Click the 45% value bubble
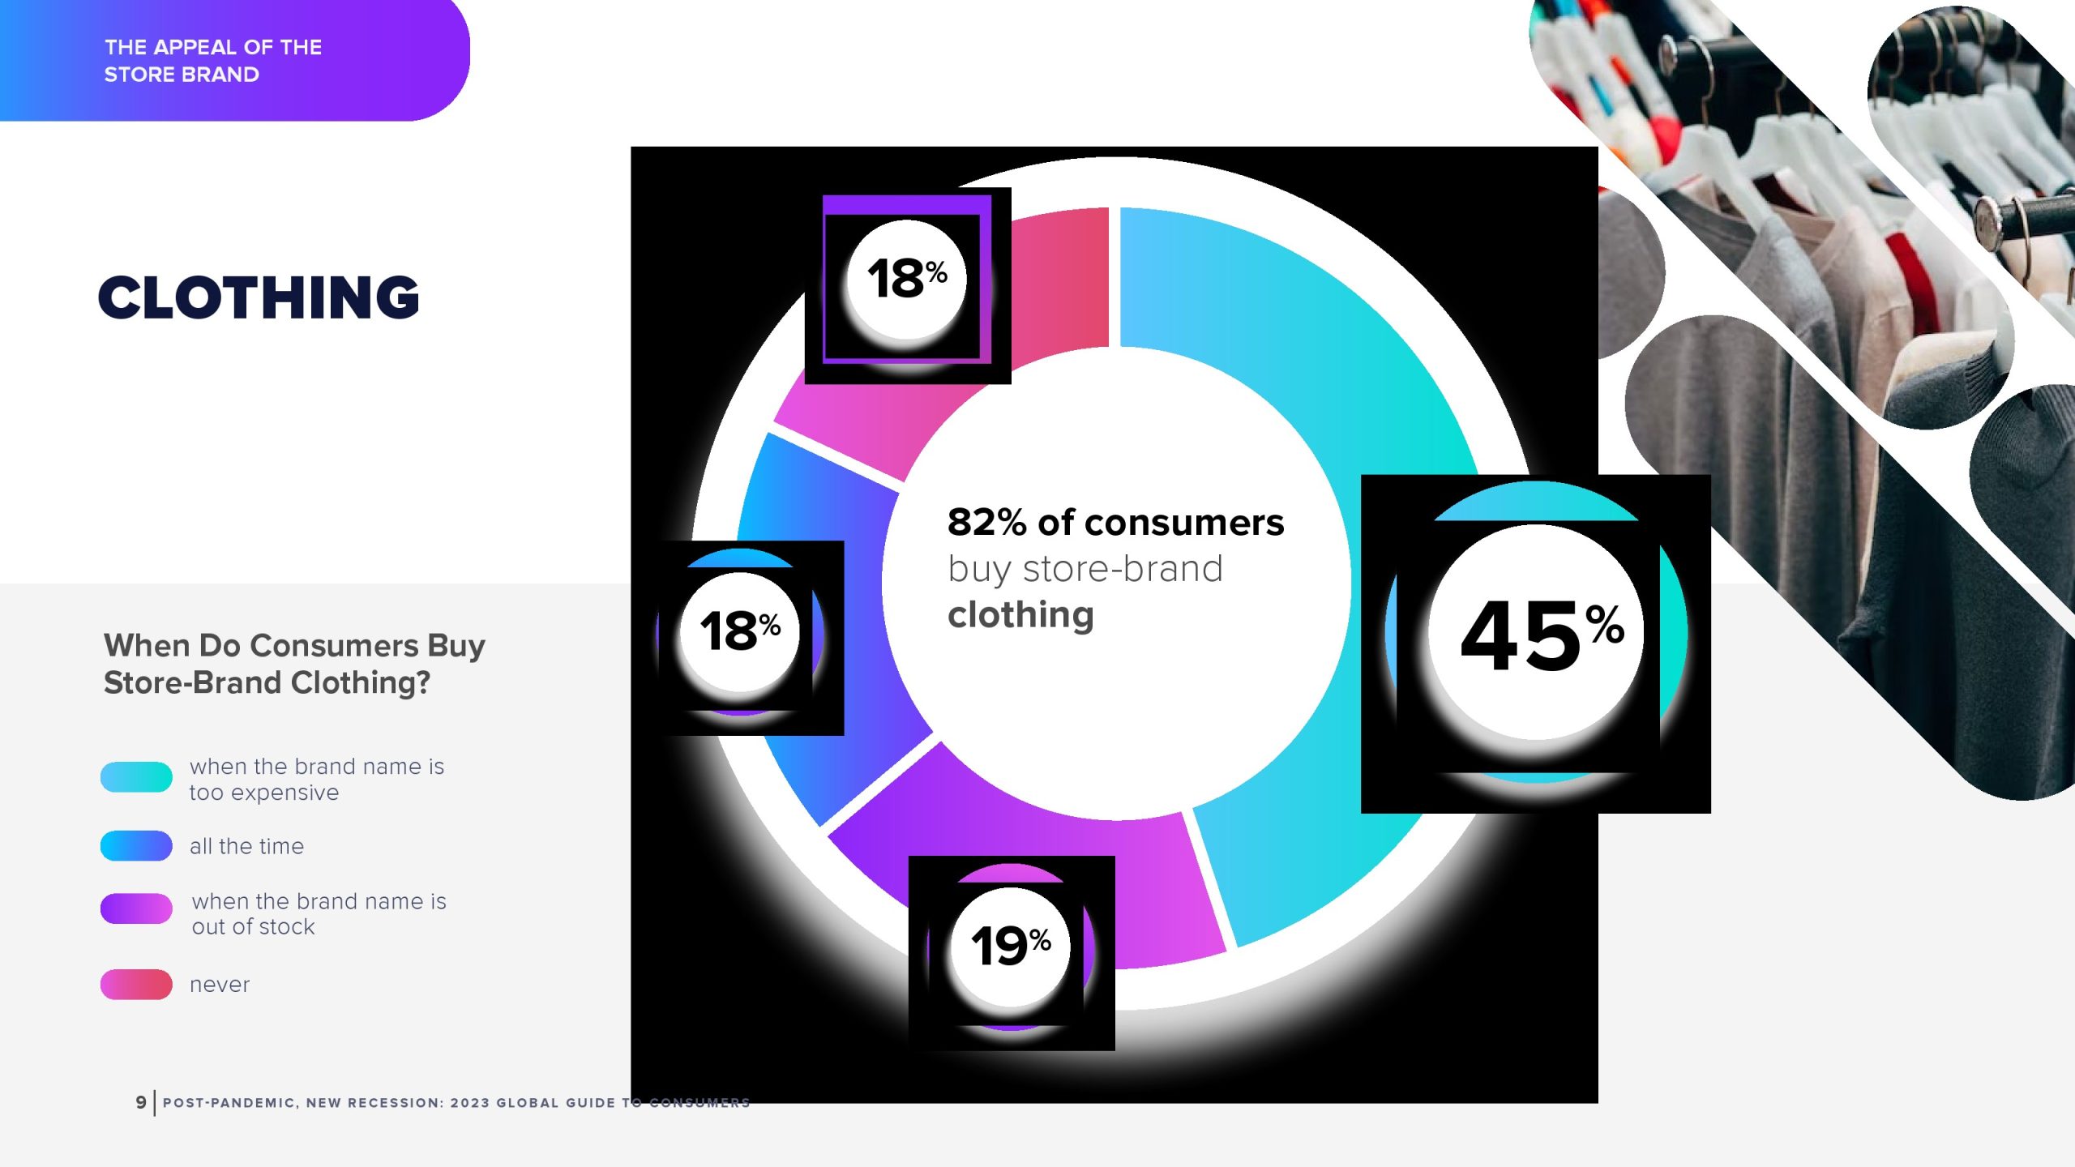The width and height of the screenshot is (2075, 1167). tap(1536, 632)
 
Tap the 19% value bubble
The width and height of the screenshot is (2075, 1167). tap(1011, 947)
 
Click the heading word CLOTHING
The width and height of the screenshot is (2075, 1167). tap(259, 297)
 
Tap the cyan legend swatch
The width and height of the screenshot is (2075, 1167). tap(136, 776)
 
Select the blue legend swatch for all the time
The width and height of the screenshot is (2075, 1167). tap(136, 845)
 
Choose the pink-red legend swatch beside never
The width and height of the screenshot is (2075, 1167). tap(136, 984)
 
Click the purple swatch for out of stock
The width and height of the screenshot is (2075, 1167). tap(136, 908)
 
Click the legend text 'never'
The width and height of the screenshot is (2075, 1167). tap(220, 985)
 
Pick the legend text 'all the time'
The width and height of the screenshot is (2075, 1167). tap(246, 846)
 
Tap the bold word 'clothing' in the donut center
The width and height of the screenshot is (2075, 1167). tap(1020, 615)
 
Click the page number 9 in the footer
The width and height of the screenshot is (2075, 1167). tap(141, 1102)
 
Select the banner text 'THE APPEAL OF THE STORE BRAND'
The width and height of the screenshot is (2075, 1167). tap(213, 61)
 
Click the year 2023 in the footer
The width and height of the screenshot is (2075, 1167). tap(469, 1103)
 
